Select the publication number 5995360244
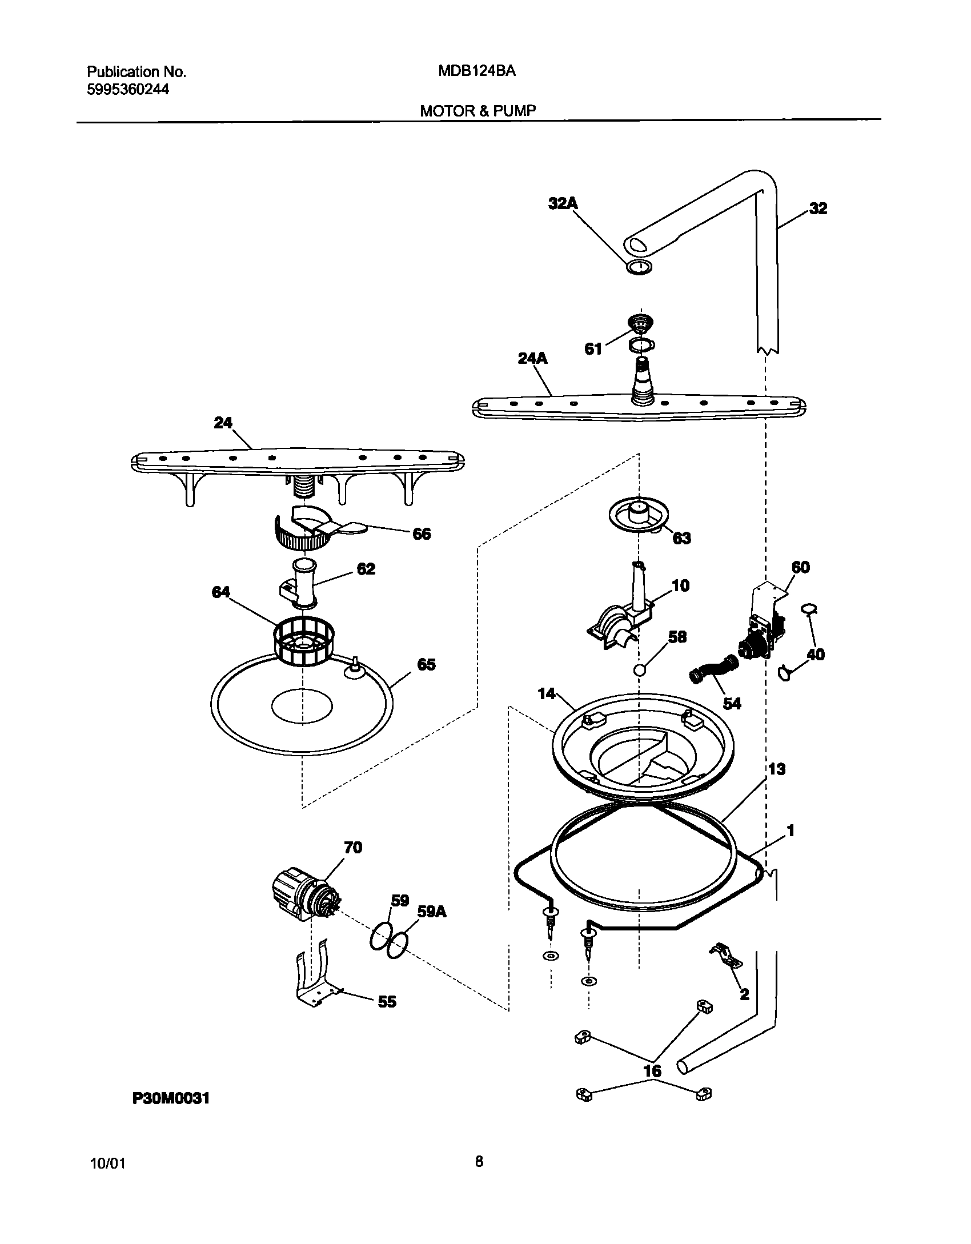tap(127, 90)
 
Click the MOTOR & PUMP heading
tap(478, 111)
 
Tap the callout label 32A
tap(563, 204)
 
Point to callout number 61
tap(593, 348)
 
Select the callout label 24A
tap(532, 359)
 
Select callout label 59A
tap(431, 912)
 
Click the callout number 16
tap(652, 1071)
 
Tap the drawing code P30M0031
tap(171, 1098)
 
